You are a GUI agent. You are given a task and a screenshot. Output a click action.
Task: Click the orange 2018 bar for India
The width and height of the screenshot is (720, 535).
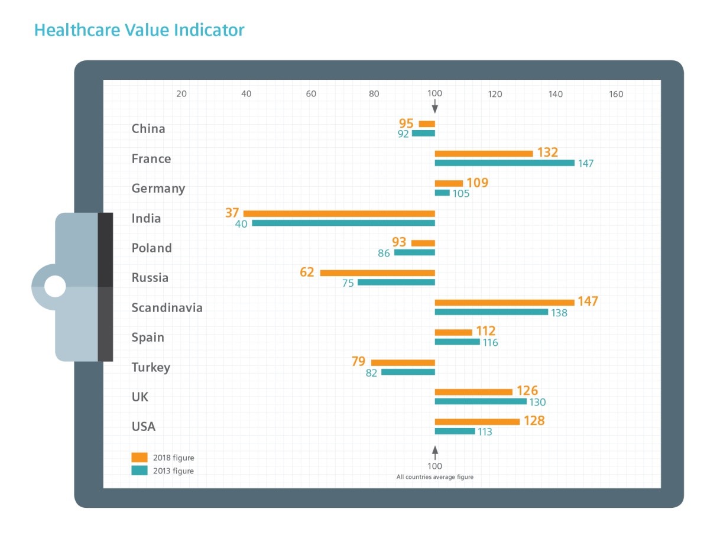click(339, 213)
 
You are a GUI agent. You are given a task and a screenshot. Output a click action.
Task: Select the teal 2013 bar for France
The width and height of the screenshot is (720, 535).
click(504, 163)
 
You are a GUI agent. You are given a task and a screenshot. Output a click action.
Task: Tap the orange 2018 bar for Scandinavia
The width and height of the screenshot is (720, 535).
click(504, 303)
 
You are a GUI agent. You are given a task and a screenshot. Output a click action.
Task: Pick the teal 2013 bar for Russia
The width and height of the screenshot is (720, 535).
click(396, 283)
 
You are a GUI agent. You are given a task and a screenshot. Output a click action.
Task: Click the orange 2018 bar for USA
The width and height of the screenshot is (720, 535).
click(477, 422)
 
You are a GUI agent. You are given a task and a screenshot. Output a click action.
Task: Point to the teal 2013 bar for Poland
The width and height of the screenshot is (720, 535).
click(414, 252)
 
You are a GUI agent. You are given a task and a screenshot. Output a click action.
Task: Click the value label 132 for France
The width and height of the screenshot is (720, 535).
click(547, 153)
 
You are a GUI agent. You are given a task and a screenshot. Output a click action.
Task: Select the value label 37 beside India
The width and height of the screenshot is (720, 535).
click(232, 212)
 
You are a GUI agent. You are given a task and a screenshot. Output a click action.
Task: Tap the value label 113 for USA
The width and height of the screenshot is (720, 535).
click(485, 432)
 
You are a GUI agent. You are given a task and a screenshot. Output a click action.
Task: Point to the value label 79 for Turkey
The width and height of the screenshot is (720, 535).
click(358, 361)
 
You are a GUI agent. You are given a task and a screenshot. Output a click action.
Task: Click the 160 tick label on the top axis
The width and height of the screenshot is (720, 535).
click(616, 94)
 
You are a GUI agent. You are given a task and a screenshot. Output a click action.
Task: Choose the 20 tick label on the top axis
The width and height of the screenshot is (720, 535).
click(181, 94)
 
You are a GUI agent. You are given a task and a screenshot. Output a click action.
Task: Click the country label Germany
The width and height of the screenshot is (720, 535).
click(158, 189)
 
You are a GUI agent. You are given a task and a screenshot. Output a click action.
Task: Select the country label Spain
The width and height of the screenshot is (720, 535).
click(148, 338)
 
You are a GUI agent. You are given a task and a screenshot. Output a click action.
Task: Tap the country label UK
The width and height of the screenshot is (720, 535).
click(140, 397)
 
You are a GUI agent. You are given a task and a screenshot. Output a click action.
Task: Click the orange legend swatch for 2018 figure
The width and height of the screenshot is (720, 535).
click(140, 458)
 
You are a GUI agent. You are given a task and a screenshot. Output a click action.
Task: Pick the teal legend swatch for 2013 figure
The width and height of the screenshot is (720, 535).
click(140, 471)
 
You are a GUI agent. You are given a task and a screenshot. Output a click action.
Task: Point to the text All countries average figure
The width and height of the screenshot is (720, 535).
click(434, 477)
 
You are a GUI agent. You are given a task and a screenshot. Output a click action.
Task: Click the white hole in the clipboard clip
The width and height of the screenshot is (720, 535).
click(55, 287)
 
